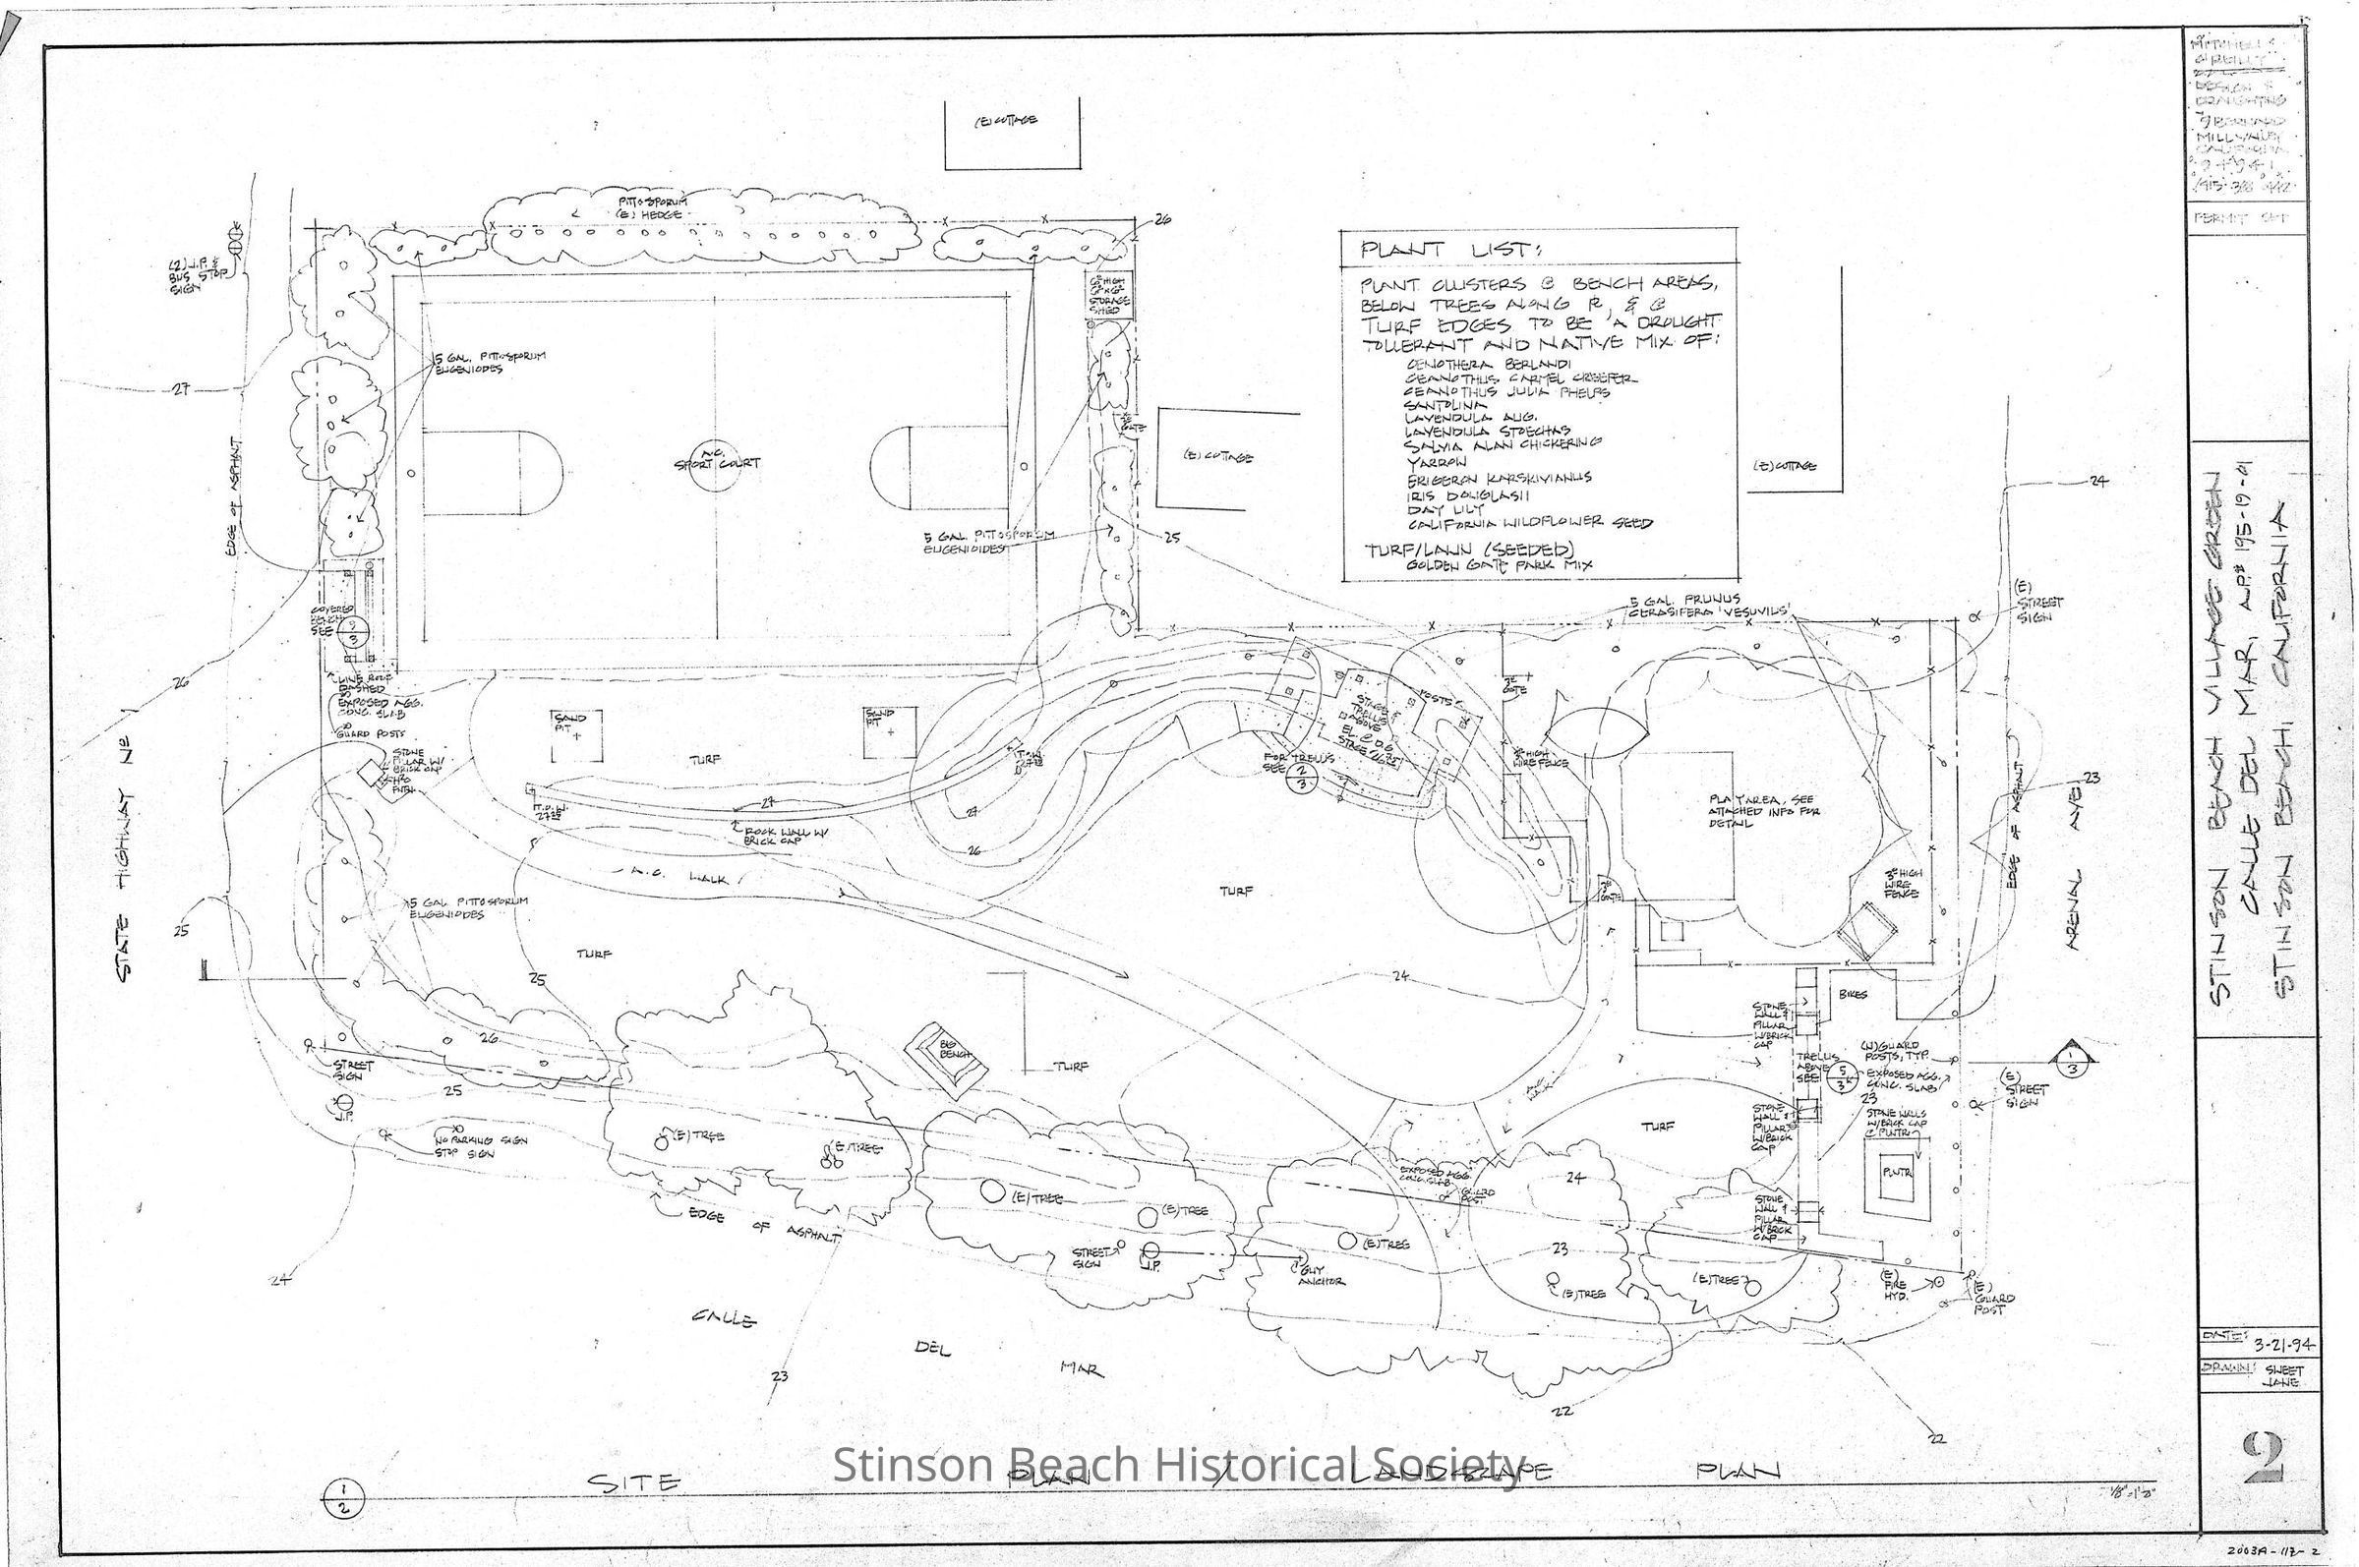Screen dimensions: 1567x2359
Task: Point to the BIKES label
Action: (1853, 996)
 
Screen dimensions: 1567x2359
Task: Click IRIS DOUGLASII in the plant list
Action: (1463, 493)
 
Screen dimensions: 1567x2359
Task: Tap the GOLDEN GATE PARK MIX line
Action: (1499, 564)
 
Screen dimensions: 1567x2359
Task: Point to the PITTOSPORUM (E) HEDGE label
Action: (650, 206)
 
